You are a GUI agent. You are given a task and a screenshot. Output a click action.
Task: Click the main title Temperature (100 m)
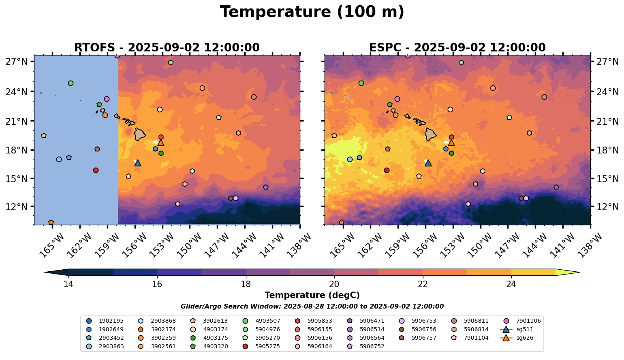[312, 12]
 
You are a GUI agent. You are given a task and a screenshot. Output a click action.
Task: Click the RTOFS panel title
[167, 48]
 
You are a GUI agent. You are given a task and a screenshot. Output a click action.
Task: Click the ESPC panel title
[457, 48]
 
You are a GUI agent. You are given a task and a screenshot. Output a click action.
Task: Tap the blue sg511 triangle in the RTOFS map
[138, 163]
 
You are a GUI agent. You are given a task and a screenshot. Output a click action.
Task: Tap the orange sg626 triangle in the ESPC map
[451, 143]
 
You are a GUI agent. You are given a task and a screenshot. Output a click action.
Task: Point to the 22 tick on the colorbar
[423, 284]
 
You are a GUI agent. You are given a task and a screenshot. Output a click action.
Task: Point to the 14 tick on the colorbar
[68, 284]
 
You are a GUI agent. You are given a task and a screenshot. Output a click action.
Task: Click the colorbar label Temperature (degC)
[312, 295]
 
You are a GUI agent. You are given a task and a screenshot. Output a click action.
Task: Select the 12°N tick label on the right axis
[608, 207]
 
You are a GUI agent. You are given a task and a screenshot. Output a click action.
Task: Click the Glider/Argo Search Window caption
[312, 307]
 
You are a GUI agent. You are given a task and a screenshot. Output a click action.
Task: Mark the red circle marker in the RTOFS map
[96, 170]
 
